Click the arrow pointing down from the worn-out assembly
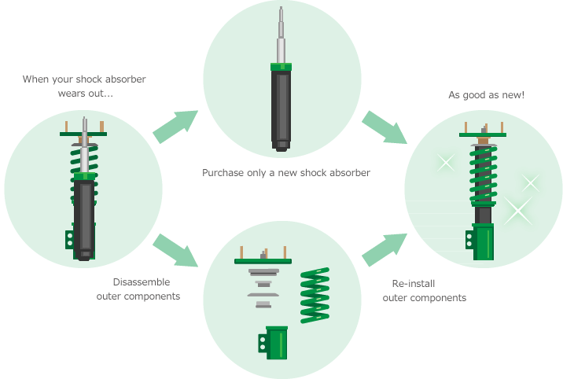coord(175,250)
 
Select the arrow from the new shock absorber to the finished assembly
coord(385,127)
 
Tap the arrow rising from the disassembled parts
coord(385,249)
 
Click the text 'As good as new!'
coord(486,95)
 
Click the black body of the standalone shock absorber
coord(281,106)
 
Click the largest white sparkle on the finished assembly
coord(518,210)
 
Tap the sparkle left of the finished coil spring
coord(446,164)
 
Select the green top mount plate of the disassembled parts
coord(263,261)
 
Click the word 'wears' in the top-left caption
coord(70,94)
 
